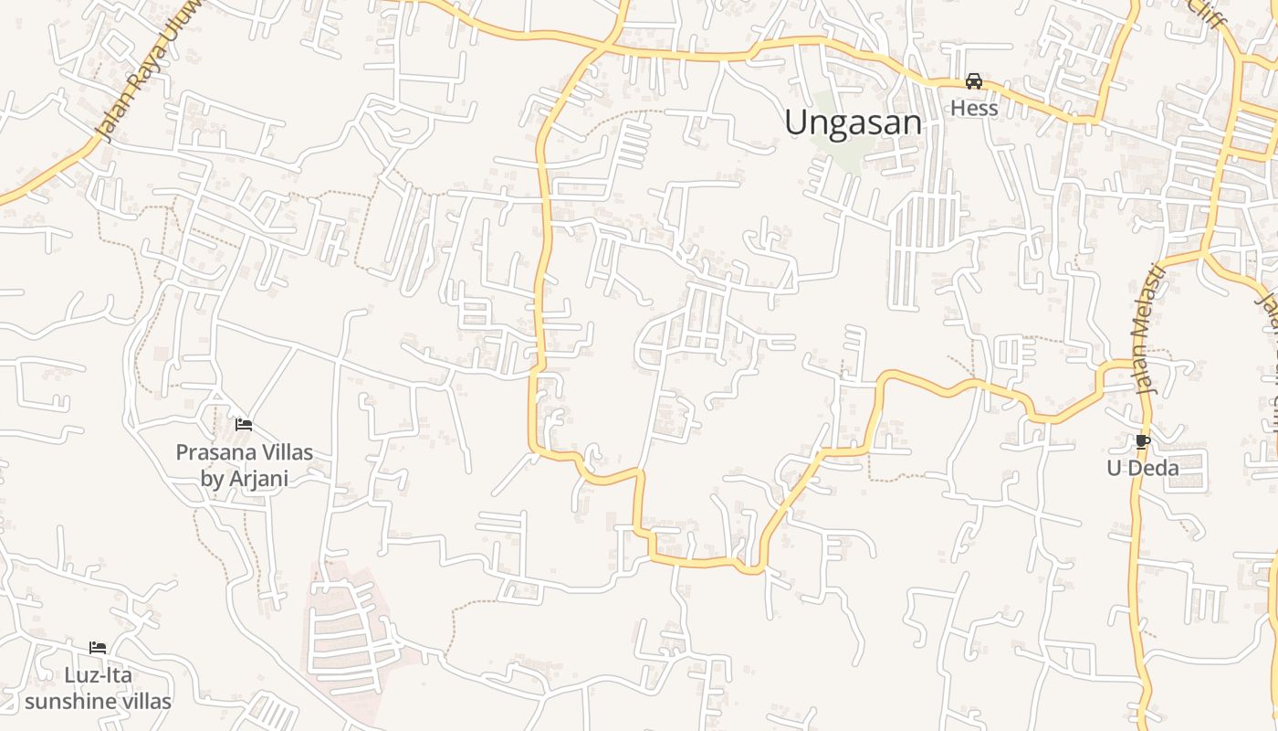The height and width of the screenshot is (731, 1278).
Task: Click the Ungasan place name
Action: tap(853, 122)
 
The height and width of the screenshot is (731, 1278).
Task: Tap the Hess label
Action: tap(974, 108)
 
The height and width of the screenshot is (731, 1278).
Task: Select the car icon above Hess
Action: tap(974, 81)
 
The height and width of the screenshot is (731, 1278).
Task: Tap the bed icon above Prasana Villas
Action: tap(244, 425)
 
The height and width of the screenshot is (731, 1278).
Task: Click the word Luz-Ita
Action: tap(98, 675)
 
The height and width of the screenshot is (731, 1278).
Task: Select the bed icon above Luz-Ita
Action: tap(98, 648)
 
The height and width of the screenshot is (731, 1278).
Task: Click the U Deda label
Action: tap(1142, 468)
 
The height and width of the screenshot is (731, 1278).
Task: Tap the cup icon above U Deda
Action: tap(1142, 442)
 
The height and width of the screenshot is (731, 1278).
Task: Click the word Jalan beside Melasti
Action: tap(1145, 365)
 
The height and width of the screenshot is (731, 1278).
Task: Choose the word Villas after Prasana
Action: tap(283, 452)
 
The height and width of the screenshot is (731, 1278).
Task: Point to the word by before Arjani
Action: tap(212, 478)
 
